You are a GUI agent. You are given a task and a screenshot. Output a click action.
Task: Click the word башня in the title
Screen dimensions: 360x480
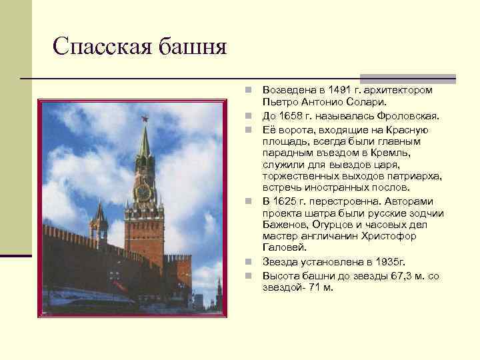(x=193, y=46)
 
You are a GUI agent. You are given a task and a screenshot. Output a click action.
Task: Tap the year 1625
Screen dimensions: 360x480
(x=288, y=201)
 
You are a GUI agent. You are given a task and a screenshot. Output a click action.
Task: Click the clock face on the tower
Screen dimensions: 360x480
(x=143, y=191)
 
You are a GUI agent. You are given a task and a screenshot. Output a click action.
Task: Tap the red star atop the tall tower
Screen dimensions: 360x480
(x=142, y=121)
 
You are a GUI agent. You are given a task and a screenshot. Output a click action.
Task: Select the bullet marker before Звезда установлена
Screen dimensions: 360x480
(x=247, y=262)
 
